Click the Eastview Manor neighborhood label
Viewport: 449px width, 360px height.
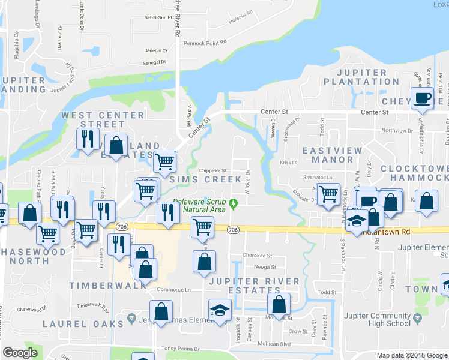[327, 155]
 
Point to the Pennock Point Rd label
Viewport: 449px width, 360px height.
[205, 43]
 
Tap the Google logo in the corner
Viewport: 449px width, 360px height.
[20, 353]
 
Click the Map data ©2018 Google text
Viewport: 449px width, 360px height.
[412, 355]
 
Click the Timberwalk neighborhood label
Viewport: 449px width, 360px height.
[107, 286]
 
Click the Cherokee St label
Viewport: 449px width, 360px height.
[257, 255]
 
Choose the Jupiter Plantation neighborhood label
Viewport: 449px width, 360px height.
[361, 77]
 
